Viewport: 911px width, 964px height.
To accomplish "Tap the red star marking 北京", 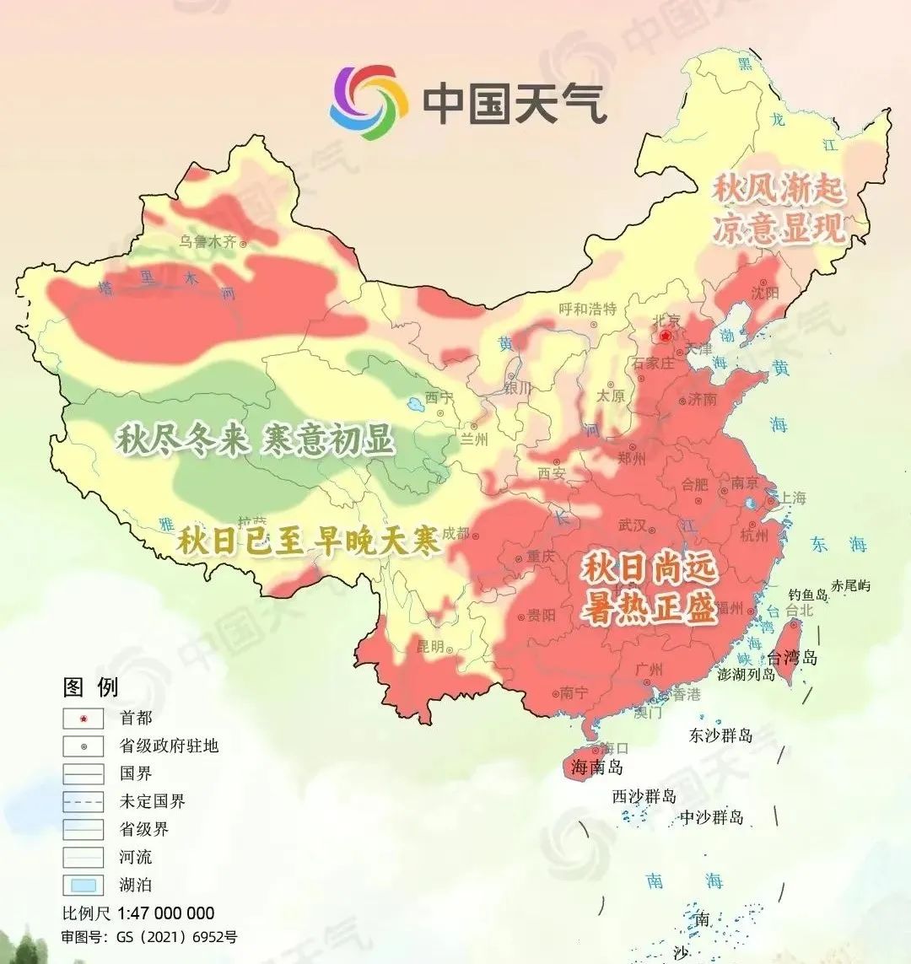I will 666,336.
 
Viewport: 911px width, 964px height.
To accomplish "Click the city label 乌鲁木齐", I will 207,241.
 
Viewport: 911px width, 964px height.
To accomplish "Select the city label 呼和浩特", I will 588,309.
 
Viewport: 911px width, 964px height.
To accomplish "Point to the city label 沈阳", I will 765,293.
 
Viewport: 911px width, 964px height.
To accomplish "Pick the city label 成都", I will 455,532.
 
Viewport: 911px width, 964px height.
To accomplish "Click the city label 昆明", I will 430,647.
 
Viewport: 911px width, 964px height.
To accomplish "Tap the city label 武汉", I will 632,525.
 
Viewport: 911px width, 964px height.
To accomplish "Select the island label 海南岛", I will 596,767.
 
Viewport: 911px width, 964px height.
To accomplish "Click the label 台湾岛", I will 792,658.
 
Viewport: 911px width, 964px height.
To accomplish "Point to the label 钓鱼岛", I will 808,595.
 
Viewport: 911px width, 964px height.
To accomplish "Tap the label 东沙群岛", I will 720,735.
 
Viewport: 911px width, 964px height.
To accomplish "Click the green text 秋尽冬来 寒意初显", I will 256,439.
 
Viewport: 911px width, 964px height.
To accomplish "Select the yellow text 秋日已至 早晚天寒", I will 309,541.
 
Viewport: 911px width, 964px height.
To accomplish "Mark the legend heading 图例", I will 91,687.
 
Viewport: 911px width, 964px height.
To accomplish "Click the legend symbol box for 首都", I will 84,719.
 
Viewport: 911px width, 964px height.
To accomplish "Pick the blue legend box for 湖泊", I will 84,886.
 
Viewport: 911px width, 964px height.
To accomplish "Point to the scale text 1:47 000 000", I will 165,913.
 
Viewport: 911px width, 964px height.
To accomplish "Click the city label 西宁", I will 439,398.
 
